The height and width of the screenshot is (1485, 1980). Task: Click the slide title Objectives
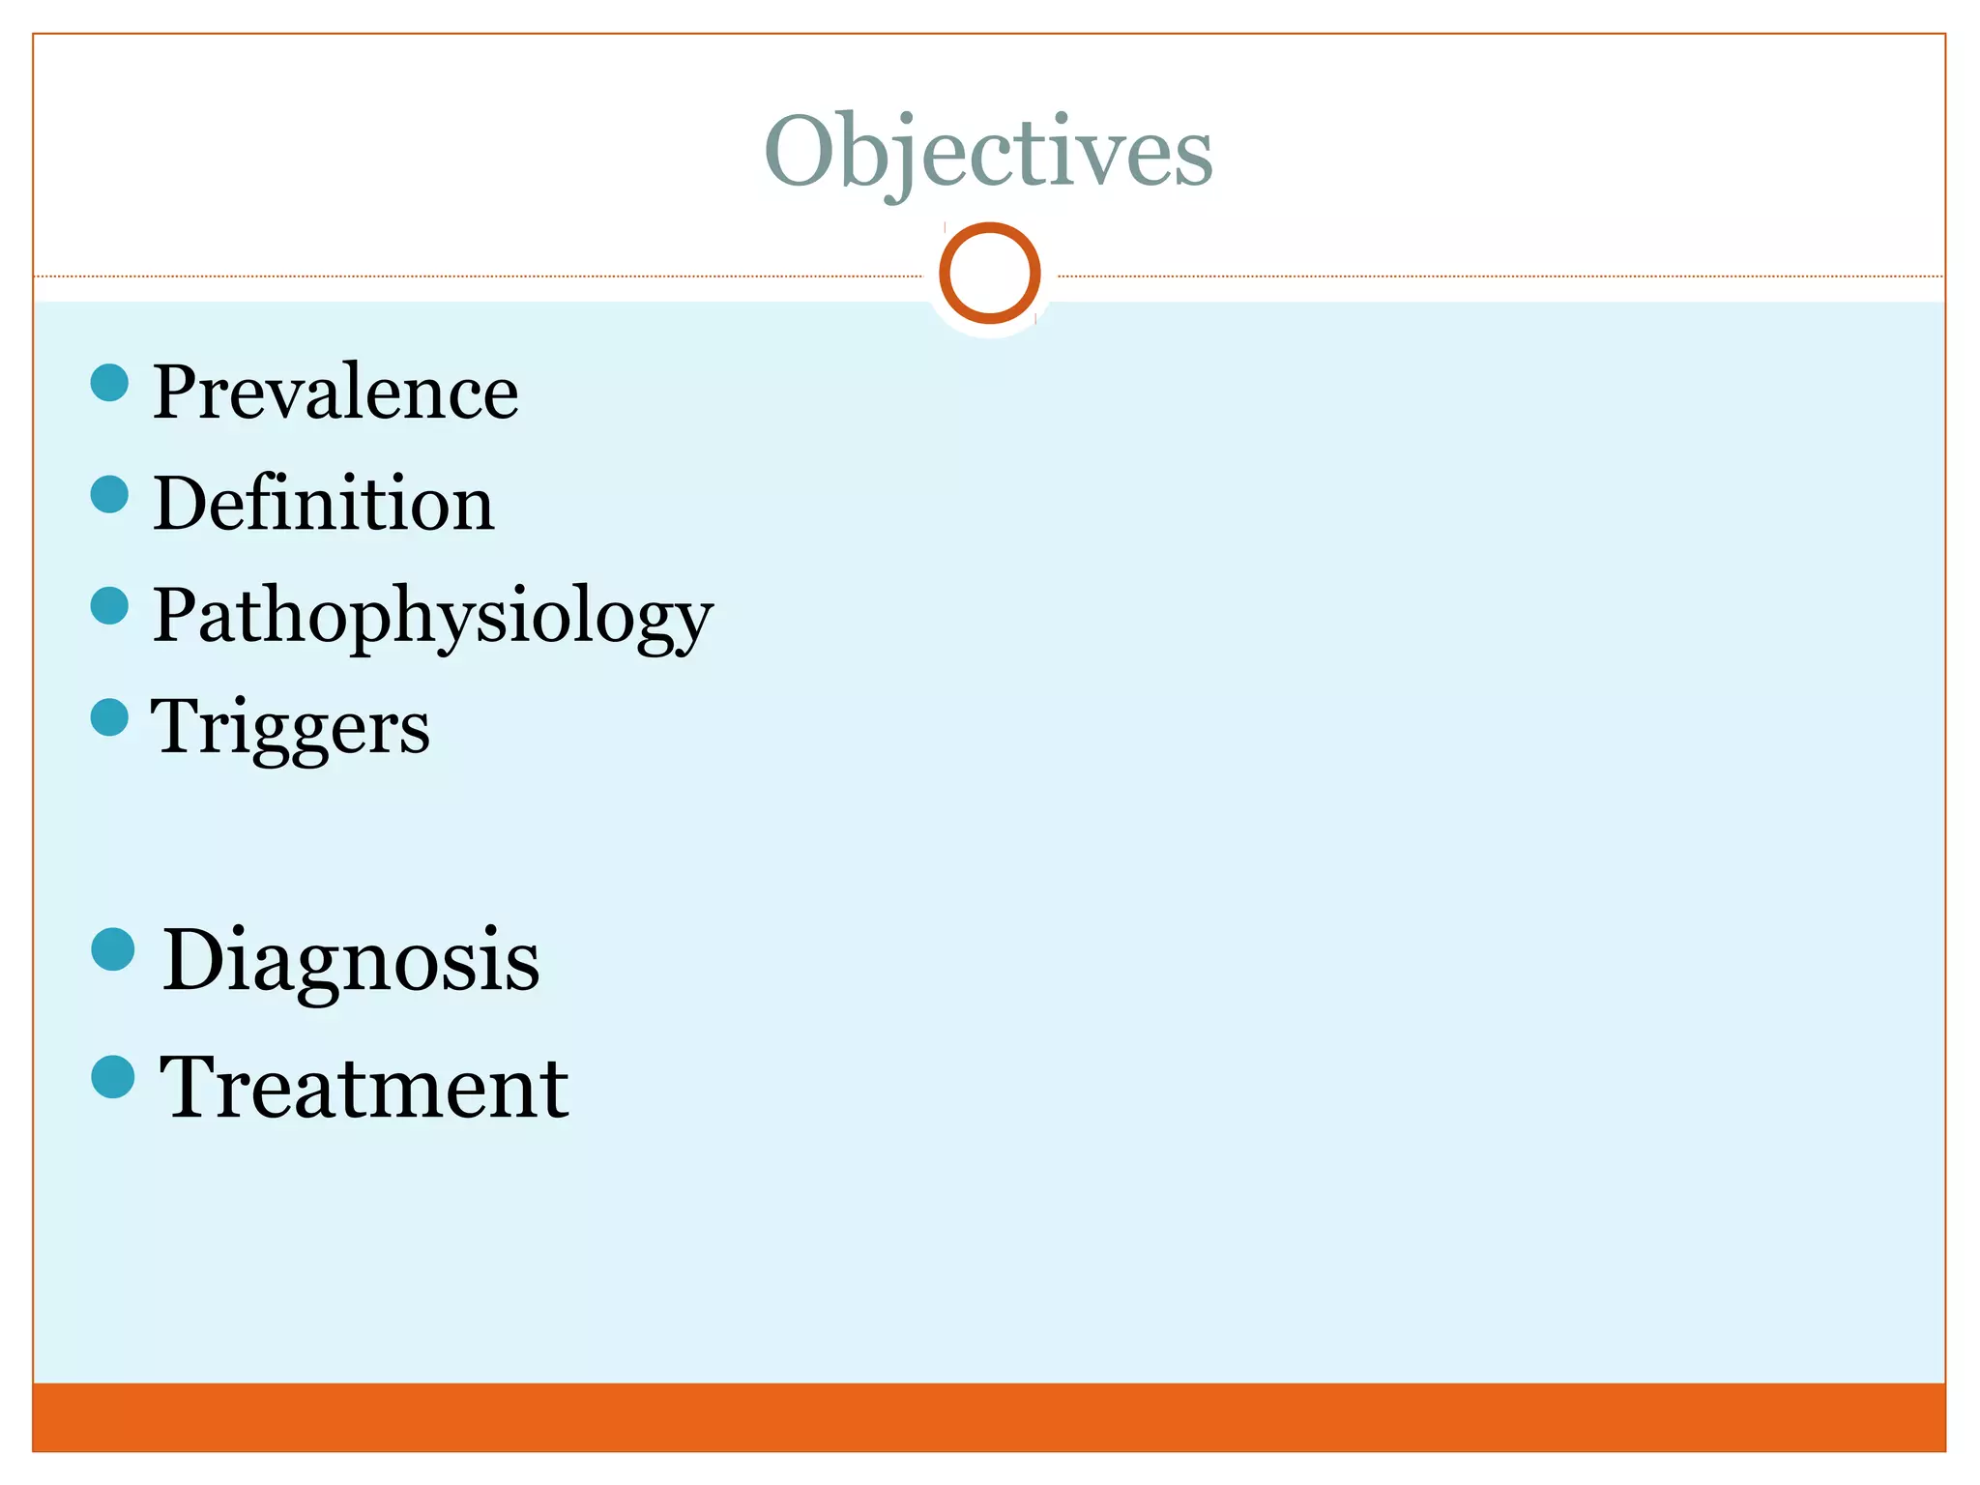pos(988,152)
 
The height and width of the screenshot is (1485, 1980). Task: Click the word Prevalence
pos(335,393)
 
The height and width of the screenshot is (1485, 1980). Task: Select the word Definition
pos(324,504)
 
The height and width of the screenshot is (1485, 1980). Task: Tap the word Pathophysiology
pos(432,617)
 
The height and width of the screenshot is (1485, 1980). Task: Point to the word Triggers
pos(290,727)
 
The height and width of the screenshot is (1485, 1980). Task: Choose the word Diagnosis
pos(350,960)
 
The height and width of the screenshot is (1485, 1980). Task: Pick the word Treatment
pos(364,1089)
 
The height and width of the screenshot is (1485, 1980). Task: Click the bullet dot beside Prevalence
pos(109,383)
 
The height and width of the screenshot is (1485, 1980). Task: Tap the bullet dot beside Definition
pos(109,494)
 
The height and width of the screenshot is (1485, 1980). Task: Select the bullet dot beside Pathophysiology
pos(109,606)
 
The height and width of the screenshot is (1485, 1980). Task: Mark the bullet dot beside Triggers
pos(109,717)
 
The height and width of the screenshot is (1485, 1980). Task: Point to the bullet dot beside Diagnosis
pos(113,949)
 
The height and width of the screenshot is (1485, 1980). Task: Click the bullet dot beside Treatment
pos(113,1077)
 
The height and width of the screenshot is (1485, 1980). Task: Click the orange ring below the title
pos(989,274)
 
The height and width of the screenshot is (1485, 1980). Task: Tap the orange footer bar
pos(988,1417)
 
